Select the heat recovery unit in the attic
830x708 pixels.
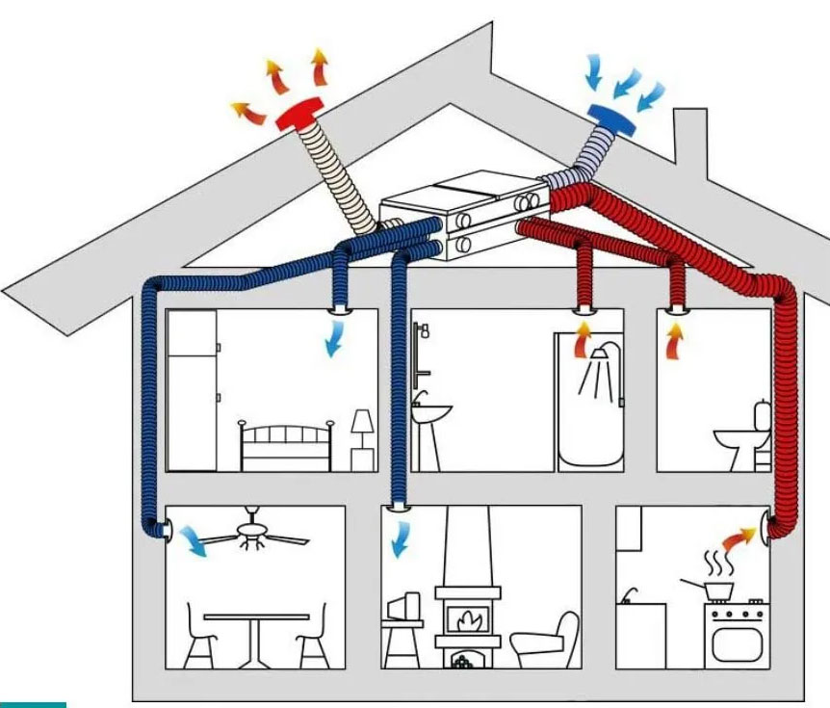[463, 217]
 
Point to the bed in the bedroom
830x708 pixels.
[285, 446]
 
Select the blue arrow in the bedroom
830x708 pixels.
[334, 338]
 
